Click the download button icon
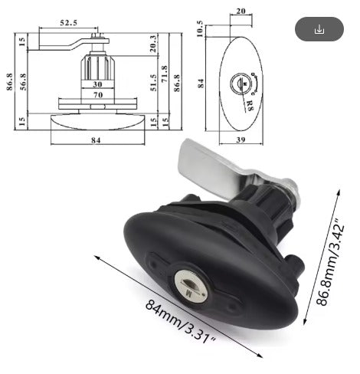click(x=319, y=29)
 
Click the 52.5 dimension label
click(x=68, y=23)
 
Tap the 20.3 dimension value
click(x=152, y=44)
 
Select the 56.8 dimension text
click(x=23, y=82)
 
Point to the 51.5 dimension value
click(x=153, y=83)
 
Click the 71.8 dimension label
click(x=165, y=74)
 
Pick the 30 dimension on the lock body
click(x=97, y=84)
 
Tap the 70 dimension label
click(x=98, y=95)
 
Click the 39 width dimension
click(x=241, y=139)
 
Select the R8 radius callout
click(x=249, y=105)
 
